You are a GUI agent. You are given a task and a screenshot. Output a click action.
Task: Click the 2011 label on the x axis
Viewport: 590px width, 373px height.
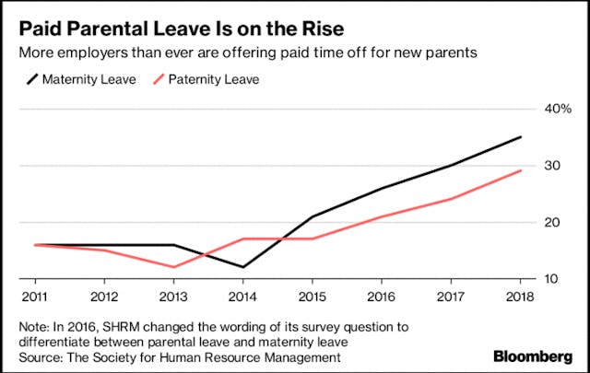tap(34, 297)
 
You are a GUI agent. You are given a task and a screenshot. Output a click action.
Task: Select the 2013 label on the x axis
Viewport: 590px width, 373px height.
tap(174, 297)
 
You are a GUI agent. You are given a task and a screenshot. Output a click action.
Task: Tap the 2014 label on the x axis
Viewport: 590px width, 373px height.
tap(243, 297)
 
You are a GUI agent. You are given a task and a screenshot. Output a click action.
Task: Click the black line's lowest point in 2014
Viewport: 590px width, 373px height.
tap(243, 267)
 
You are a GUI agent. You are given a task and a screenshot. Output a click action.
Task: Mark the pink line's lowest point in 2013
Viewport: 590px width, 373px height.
tap(174, 267)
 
